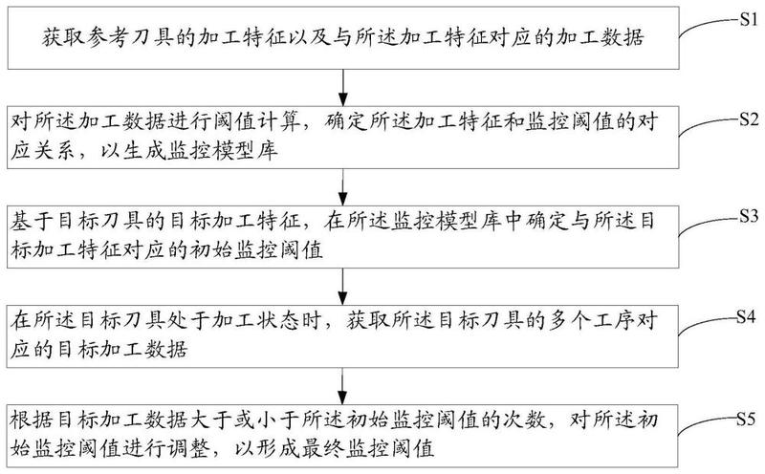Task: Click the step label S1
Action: (x=749, y=19)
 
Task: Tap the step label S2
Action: (x=749, y=119)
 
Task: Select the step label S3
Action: (x=749, y=216)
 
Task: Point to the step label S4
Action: (x=747, y=317)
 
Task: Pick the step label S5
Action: (x=747, y=419)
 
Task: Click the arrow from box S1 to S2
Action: (x=343, y=87)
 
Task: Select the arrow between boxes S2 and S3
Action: (x=343, y=186)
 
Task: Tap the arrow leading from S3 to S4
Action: (x=343, y=287)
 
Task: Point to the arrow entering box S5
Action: (x=343, y=386)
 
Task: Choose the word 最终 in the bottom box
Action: (x=322, y=448)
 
